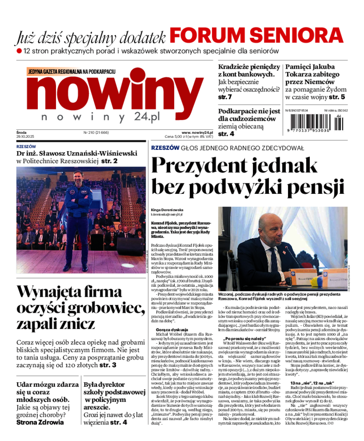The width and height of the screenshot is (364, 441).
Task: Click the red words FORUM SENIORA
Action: [x=257, y=35]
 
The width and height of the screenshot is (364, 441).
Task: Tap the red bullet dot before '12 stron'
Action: [x=19, y=51]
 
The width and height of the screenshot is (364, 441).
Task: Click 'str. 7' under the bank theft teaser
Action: [x=225, y=97]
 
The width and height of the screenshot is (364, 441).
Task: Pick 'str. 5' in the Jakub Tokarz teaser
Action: [x=337, y=97]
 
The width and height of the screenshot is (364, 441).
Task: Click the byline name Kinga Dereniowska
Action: [x=167, y=210]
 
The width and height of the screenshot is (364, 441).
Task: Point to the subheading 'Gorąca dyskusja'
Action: [x=169, y=329]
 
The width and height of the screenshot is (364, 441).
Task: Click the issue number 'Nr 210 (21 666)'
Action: [x=96, y=132]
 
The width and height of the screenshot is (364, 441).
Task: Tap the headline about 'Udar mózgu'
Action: [x=45, y=395]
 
